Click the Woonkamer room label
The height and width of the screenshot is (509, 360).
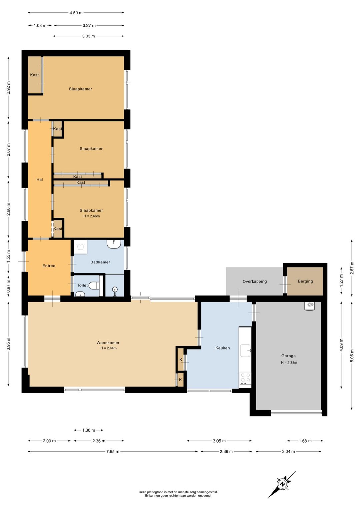(108, 343)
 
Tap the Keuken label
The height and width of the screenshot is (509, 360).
(222, 348)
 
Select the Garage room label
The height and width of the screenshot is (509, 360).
(288, 356)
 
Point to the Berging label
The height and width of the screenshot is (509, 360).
(305, 281)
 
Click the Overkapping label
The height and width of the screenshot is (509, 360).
(255, 281)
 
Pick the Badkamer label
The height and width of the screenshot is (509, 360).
(100, 262)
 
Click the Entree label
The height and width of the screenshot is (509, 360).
(49, 266)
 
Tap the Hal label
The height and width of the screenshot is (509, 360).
(40, 179)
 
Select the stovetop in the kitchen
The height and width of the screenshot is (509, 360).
(245, 378)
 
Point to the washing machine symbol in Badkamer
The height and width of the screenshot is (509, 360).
(81, 247)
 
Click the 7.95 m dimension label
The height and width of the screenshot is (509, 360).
(113, 452)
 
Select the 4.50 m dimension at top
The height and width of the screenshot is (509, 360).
(76, 13)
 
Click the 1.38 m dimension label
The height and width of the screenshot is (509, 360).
(89, 430)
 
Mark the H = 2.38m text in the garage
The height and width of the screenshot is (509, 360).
(289, 363)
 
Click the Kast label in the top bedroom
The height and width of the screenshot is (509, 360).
(34, 75)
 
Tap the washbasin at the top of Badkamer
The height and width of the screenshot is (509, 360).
(114, 244)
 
